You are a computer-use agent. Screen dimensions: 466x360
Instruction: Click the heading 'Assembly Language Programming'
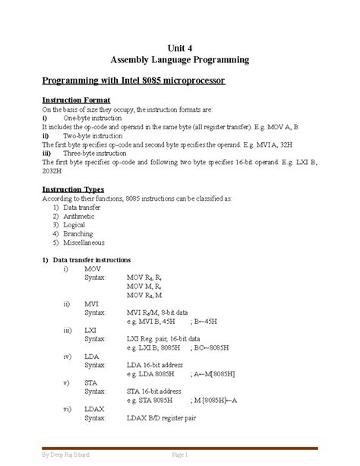(x=179, y=59)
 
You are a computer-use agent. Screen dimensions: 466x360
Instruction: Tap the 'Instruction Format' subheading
(x=76, y=100)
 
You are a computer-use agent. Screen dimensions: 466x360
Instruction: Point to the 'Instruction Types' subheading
(x=73, y=189)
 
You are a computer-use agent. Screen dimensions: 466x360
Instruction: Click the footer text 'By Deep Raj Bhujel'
(x=66, y=454)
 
